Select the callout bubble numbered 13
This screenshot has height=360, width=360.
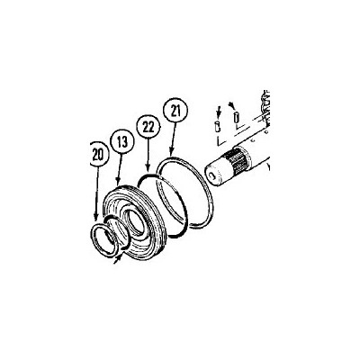click(x=121, y=141)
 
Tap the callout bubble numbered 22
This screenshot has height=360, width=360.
click(x=146, y=125)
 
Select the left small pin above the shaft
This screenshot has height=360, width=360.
click(x=218, y=126)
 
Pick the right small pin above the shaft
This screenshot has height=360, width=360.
click(x=235, y=115)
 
